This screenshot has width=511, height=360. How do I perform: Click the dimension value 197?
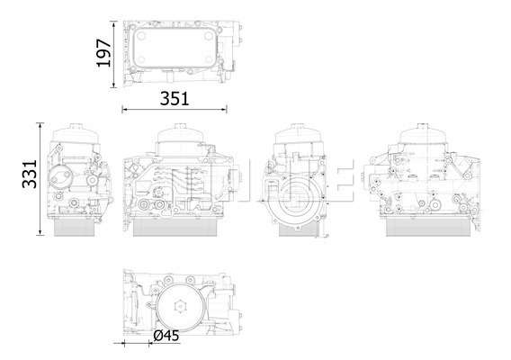(103, 53)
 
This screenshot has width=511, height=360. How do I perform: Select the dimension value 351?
(175, 99)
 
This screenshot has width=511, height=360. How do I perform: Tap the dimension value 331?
(30, 174)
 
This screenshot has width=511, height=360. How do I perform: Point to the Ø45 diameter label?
(166, 335)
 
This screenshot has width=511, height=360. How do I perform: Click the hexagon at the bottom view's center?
(180, 307)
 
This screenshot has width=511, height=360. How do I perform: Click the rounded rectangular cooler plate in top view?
(175, 48)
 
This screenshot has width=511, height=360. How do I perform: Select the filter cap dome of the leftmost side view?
(76, 134)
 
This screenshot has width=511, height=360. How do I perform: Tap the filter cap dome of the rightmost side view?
(422, 134)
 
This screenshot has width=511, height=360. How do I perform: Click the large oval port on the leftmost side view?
(59, 177)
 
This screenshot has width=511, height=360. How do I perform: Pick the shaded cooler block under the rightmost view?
(427, 227)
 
